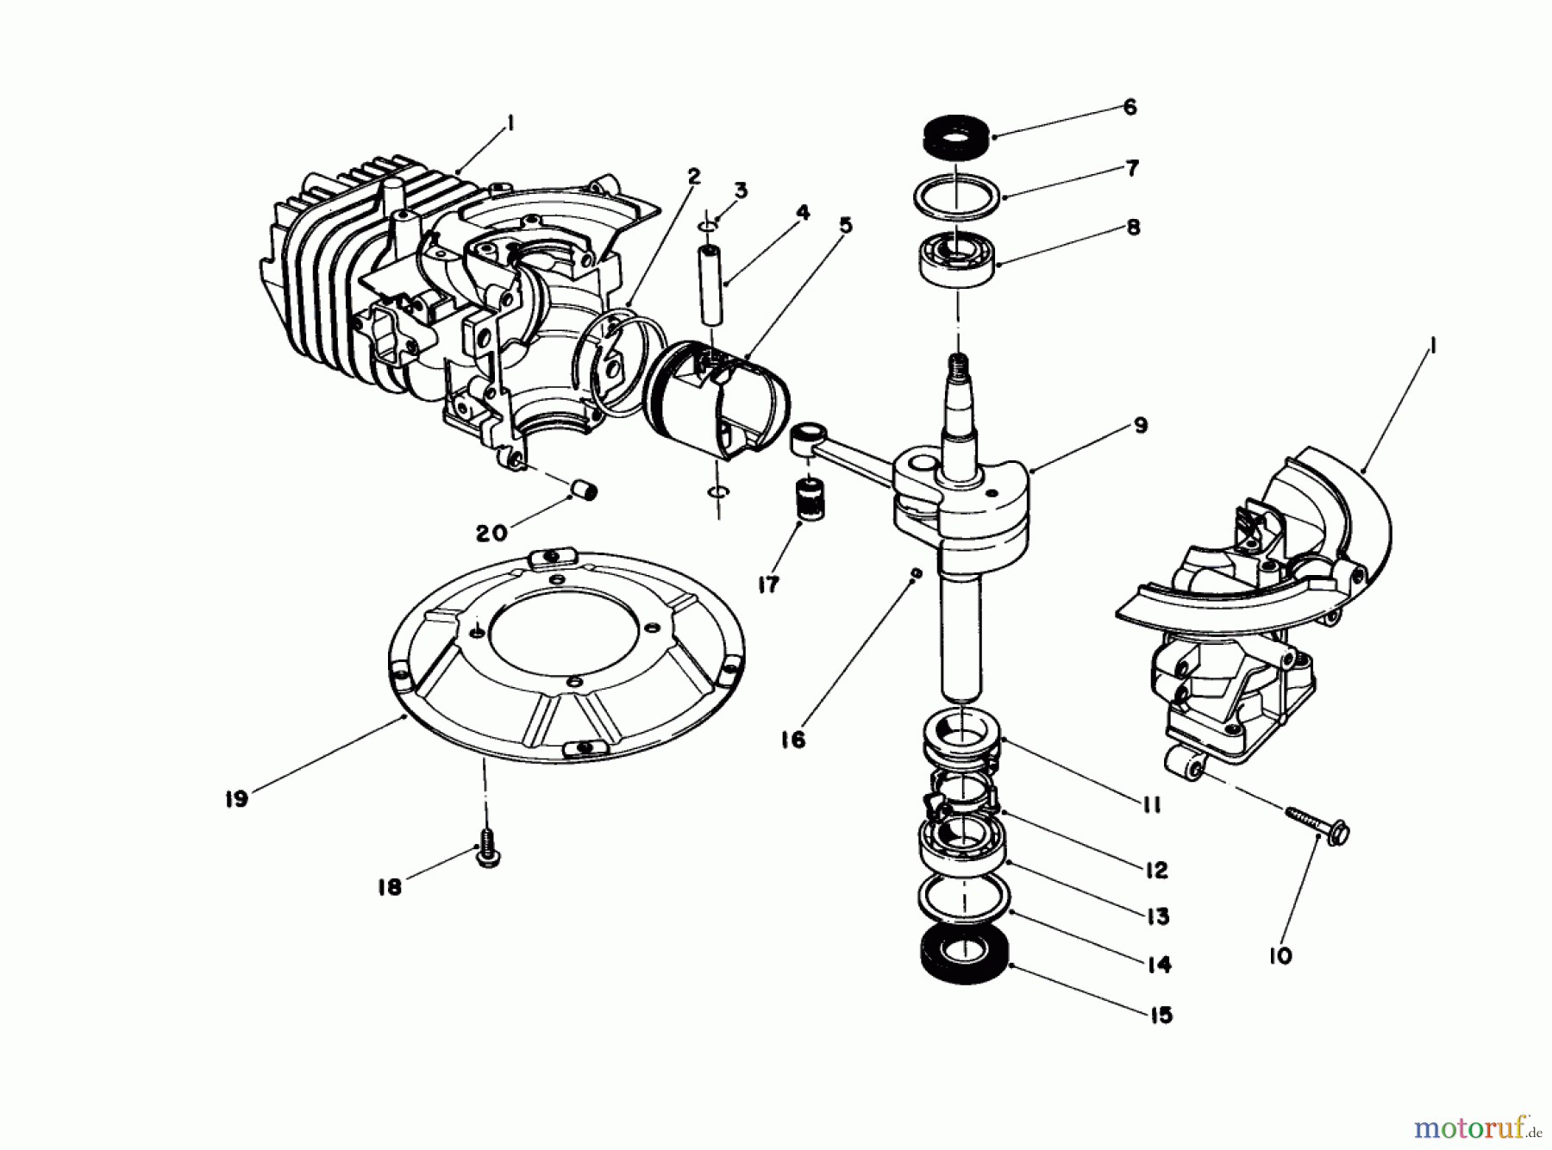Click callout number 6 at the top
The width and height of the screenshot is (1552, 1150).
pyautogui.click(x=1130, y=107)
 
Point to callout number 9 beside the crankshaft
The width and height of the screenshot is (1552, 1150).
pyautogui.click(x=1141, y=425)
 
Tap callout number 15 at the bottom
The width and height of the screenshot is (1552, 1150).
pyautogui.click(x=1161, y=1015)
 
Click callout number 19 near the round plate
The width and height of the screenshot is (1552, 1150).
pyautogui.click(x=235, y=799)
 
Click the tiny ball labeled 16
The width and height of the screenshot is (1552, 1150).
pyautogui.click(x=917, y=572)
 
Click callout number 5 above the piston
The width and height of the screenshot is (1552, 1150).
pyautogui.click(x=846, y=226)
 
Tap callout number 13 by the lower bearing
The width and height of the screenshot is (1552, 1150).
pyautogui.click(x=1157, y=916)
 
